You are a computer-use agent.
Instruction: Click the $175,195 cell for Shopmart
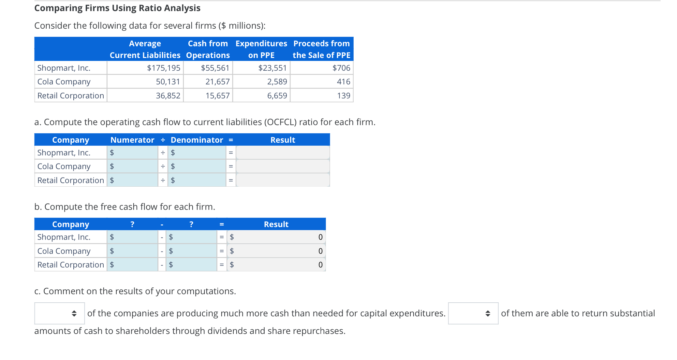(164, 68)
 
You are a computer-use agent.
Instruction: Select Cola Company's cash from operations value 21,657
(217, 81)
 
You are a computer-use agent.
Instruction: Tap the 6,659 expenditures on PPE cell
(277, 95)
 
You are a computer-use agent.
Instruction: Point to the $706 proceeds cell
(341, 68)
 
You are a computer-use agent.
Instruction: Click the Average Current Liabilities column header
(145, 49)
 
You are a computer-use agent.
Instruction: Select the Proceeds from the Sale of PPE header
(321, 49)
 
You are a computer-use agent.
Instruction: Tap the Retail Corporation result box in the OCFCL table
(283, 180)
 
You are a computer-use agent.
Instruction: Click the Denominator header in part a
(197, 140)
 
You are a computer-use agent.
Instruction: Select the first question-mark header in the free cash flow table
(132, 224)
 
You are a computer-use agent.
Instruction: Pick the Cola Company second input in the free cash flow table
(194, 251)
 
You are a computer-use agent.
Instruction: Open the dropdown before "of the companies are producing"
(60, 313)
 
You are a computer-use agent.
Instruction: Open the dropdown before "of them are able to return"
(473, 313)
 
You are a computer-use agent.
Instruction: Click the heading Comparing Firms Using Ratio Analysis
(117, 8)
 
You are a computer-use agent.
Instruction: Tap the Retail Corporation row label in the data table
(70, 95)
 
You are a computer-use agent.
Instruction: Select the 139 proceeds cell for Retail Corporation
(343, 95)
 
